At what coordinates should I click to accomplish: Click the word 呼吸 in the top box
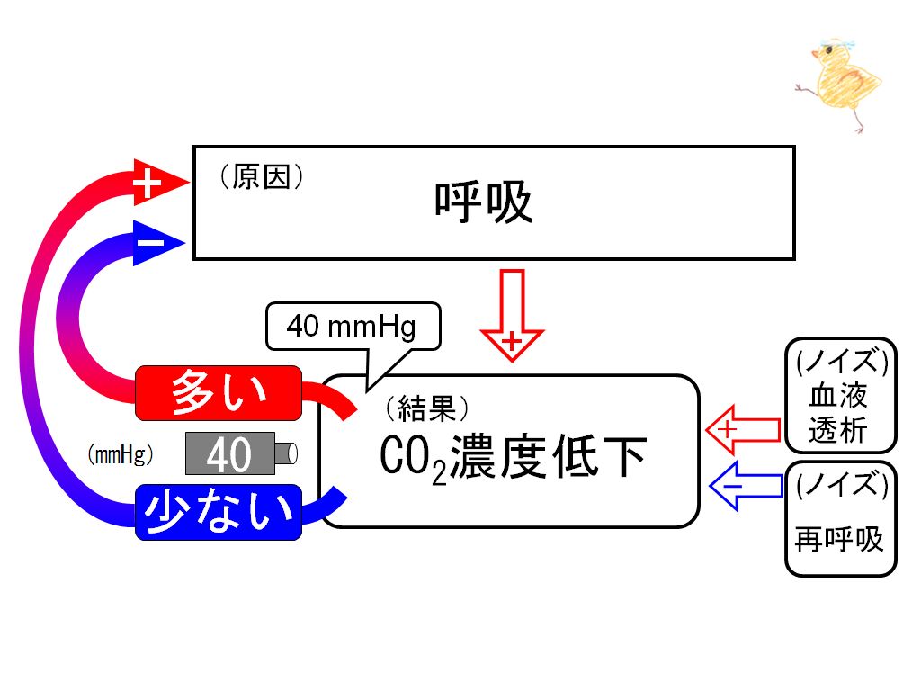pos(483,202)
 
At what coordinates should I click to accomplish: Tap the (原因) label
pos(262,176)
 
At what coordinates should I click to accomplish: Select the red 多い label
pos(219,393)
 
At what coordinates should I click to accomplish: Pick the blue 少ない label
pos(219,512)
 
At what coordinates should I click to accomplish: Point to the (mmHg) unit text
pos(121,454)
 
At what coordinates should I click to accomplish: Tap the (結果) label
pos(427,408)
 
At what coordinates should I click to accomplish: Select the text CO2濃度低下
pos(513,458)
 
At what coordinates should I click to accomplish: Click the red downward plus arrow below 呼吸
pos(512,315)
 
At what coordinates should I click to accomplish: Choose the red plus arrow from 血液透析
pos(743,429)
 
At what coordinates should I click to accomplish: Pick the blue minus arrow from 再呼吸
pos(746,486)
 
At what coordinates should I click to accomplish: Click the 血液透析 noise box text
pos(838,413)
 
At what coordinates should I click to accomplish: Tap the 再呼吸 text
pos(839,538)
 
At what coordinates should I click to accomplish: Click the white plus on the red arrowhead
pos(147,184)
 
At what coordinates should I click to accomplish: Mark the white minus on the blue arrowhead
pos(150,242)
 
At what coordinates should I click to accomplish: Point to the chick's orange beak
pos(815,55)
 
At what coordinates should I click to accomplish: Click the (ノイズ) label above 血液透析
pos(841,361)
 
